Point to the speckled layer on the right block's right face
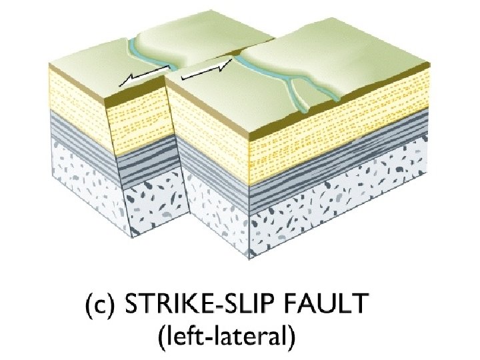click(x=340, y=213)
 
